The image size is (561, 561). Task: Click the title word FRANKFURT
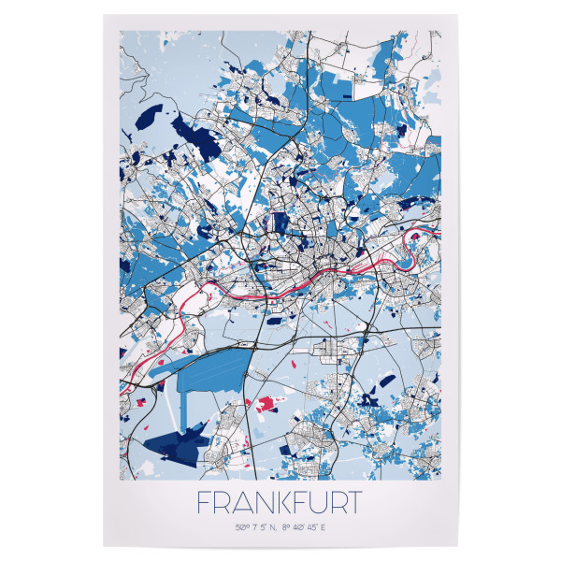pyautogui.click(x=280, y=502)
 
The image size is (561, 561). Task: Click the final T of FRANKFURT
pyautogui.click(x=352, y=502)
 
